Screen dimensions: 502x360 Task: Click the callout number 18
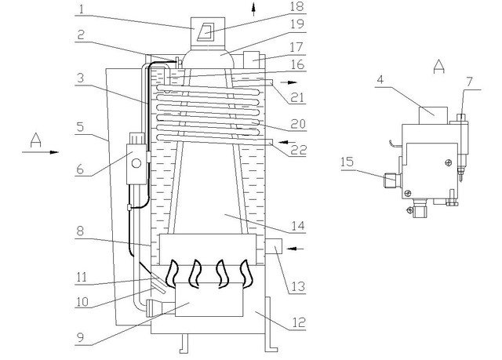296,7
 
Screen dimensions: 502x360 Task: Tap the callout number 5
80,127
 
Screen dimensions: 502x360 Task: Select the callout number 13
298,286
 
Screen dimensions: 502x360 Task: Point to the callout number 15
347,162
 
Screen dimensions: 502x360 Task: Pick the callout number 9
80,337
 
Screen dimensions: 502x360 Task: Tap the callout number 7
469,82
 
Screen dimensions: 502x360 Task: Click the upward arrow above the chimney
254,9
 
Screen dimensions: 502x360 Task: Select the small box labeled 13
274,246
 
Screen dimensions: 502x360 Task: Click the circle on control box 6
136,163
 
